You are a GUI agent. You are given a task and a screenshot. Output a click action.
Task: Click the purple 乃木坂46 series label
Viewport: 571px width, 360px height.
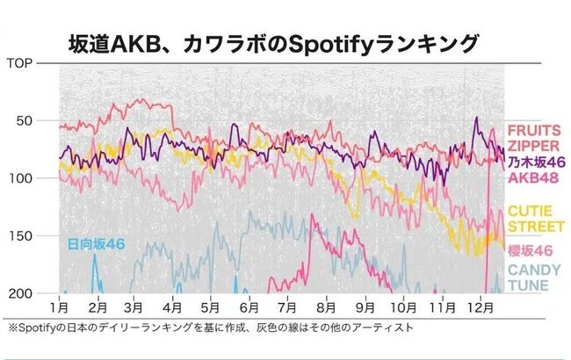(534, 162)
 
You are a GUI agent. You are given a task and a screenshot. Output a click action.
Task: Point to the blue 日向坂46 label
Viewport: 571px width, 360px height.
(96, 242)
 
